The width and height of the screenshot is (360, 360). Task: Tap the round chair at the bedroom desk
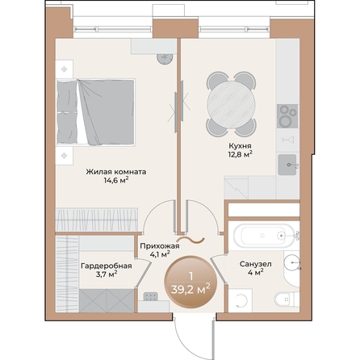pos(166,58)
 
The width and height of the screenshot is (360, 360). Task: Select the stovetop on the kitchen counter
pos(287,115)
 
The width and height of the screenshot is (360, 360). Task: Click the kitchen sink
pos(288,165)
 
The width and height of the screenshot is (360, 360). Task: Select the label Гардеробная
pos(101,265)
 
